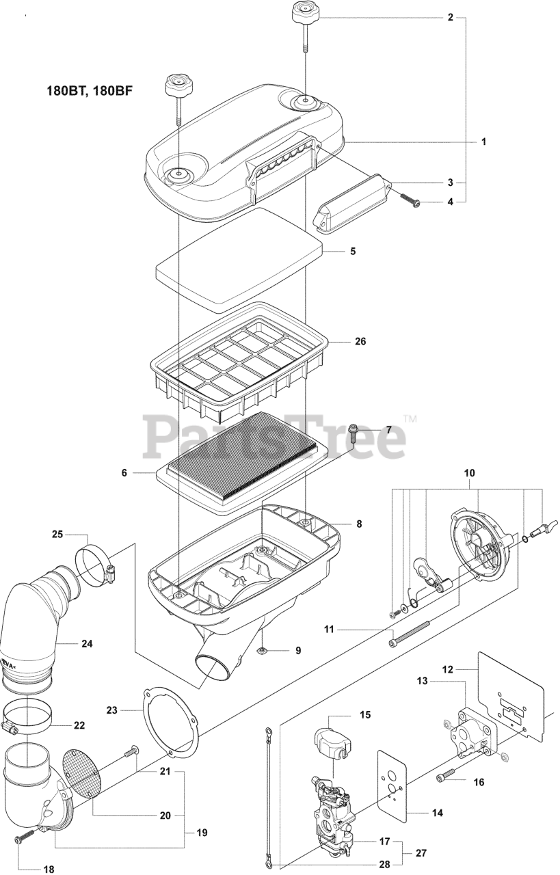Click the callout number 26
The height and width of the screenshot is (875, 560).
point(360,341)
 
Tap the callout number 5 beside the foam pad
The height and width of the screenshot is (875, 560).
point(353,251)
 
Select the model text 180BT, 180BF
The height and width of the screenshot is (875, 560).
point(90,91)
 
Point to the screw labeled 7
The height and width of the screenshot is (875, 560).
point(353,433)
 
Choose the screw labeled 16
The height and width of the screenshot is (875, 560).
point(445,774)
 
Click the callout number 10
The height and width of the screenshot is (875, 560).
point(469,473)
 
